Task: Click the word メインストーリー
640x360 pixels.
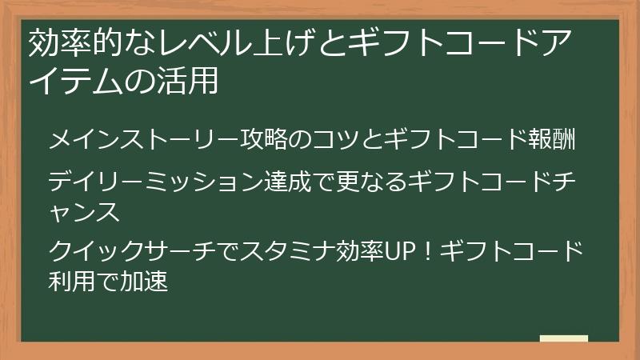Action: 144,140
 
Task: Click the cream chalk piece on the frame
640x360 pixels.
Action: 564,339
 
